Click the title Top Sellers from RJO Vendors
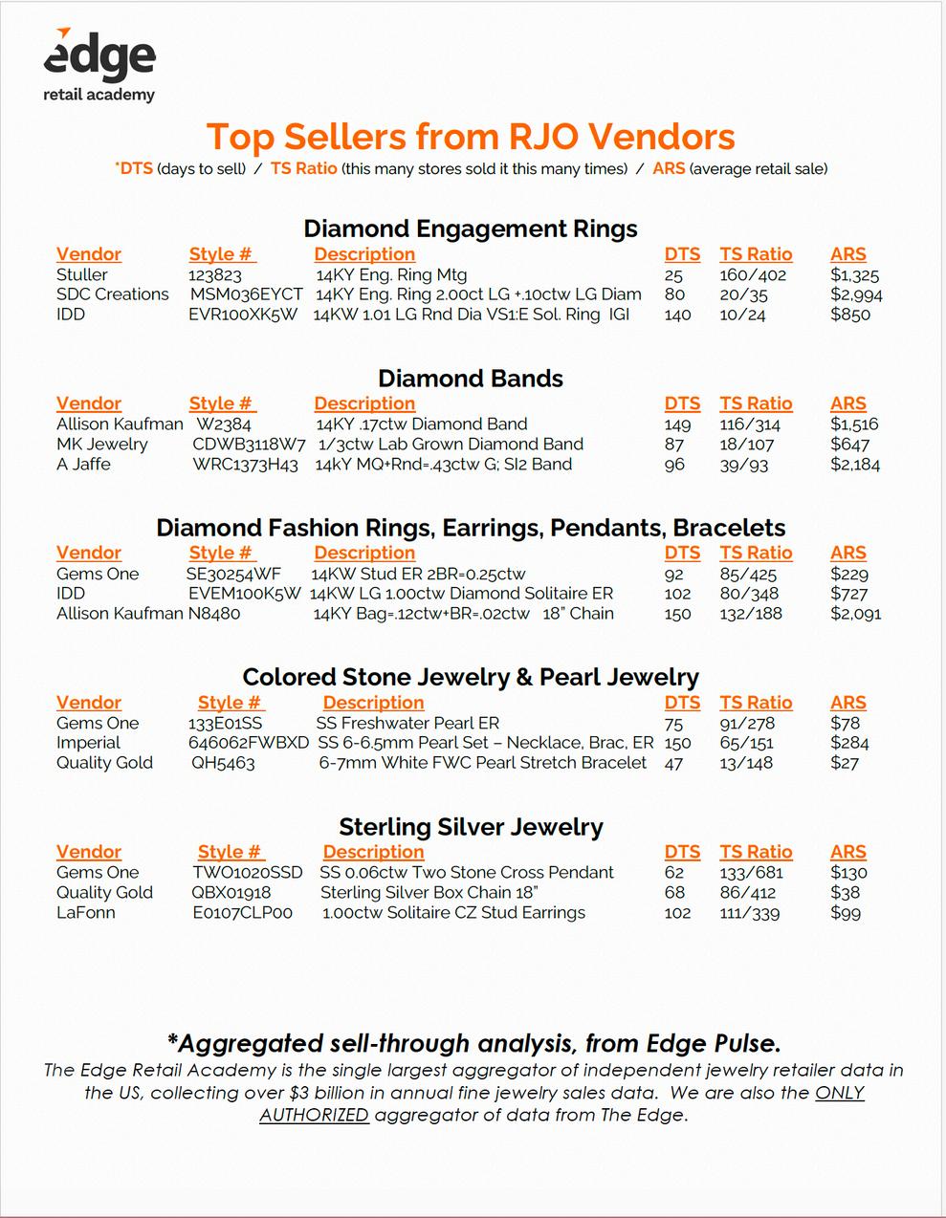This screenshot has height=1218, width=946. point(471,137)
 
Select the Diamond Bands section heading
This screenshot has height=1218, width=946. point(471,379)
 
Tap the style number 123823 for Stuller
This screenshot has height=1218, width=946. point(215,275)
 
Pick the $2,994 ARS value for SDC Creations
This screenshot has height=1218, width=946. point(856,294)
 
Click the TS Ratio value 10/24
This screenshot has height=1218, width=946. point(742,315)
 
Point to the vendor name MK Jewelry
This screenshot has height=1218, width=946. point(102,445)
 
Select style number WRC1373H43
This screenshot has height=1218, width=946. point(246,465)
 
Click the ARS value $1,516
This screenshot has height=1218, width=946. point(854,424)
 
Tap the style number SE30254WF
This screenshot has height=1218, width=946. point(233,575)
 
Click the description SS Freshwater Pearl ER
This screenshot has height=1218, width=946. point(407,724)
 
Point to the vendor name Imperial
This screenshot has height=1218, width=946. point(88,743)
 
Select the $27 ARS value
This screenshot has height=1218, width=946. point(845,763)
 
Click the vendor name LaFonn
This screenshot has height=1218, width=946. point(86,913)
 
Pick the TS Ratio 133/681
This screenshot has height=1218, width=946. point(751,873)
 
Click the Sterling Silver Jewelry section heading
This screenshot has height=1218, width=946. point(471,827)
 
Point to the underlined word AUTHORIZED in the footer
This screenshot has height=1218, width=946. point(314,1115)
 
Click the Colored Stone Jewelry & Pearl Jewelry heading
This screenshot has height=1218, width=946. point(471,678)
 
